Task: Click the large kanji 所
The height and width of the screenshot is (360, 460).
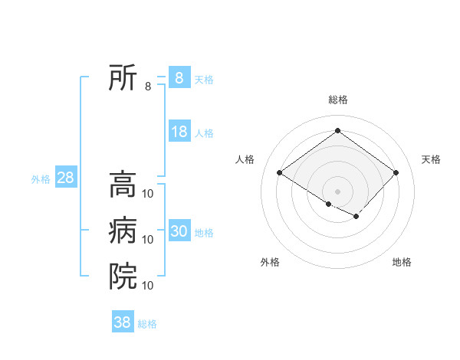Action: (123, 77)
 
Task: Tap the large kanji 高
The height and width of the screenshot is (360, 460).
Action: (123, 185)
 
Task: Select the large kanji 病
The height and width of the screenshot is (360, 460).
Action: (123, 231)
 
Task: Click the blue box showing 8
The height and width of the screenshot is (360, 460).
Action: (179, 77)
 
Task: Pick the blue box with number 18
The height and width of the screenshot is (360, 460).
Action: (179, 132)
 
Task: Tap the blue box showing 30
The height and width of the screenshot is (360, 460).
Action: (179, 231)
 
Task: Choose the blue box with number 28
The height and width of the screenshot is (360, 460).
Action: (65, 178)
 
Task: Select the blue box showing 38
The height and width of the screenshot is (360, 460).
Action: (122, 322)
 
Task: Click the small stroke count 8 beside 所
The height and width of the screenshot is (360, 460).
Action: (148, 87)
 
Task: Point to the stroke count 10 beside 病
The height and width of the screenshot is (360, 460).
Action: (148, 240)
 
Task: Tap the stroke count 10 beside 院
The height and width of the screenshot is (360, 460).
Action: (148, 285)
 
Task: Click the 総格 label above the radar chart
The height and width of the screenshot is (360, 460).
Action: (337, 100)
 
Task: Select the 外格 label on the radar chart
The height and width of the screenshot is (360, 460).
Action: (270, 262)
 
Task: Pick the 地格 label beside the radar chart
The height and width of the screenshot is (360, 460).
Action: (402, 262)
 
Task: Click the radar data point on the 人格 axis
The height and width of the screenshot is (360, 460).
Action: (280, 172)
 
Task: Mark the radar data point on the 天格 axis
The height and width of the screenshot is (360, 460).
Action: (396, 172)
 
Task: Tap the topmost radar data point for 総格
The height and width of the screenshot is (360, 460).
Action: (337, 130)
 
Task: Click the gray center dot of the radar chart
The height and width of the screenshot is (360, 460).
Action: (337, 191)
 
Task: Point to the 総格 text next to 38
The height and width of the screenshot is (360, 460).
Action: (147, 324)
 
